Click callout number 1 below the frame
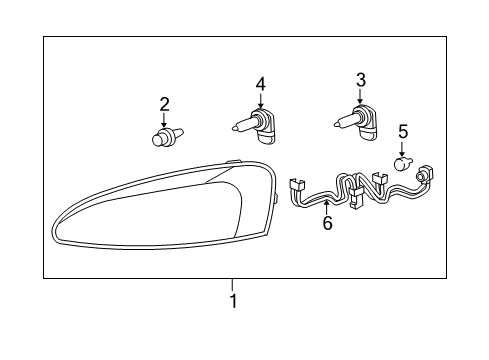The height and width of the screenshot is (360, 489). [233, 301]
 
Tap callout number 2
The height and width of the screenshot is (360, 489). [164, 104]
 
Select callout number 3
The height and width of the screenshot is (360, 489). [361, 80]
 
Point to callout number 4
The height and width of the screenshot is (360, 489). [261, 84]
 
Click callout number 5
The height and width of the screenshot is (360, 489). [403, 131]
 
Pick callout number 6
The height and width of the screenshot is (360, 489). [328, 223]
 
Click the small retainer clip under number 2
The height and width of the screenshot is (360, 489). [167, 136]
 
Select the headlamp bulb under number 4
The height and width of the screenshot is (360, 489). [254, 126]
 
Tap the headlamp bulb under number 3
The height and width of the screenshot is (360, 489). [355, 124]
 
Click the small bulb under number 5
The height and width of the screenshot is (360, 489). [403, 163]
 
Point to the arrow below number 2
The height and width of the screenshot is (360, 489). [164, 120]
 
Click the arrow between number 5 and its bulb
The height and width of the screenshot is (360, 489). [402, 149]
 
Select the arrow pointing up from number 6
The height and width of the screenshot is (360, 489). [326, 207]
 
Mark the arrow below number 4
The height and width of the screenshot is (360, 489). [261, 101]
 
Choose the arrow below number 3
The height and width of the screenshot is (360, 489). [360, 97]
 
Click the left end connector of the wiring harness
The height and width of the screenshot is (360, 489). [296, 187]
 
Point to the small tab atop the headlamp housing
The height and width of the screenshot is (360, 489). [233, 161]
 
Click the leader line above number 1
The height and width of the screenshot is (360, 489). [232, 285]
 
